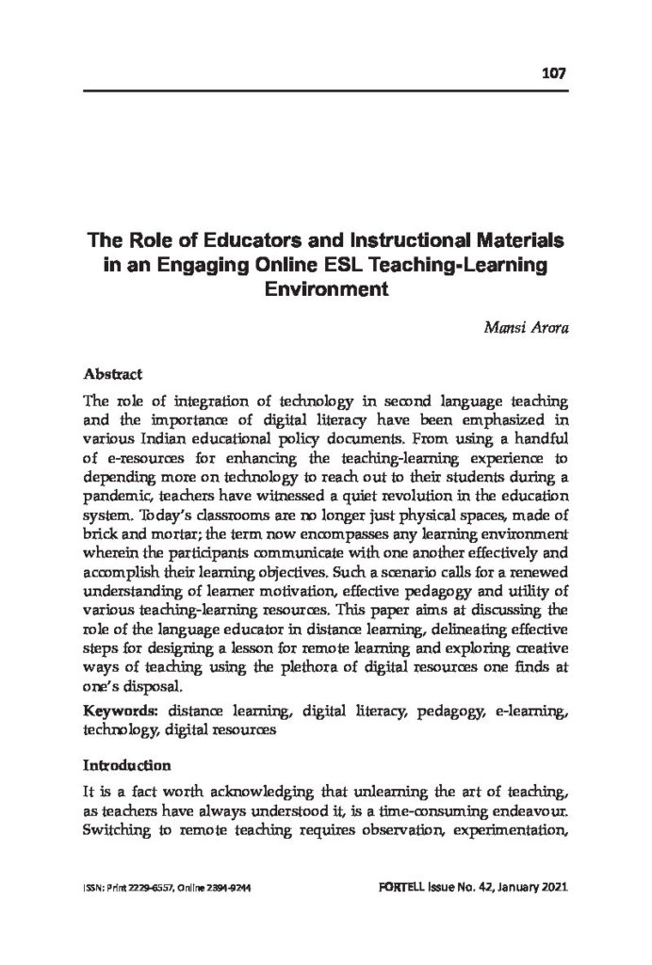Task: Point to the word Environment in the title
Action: point(325,290)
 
